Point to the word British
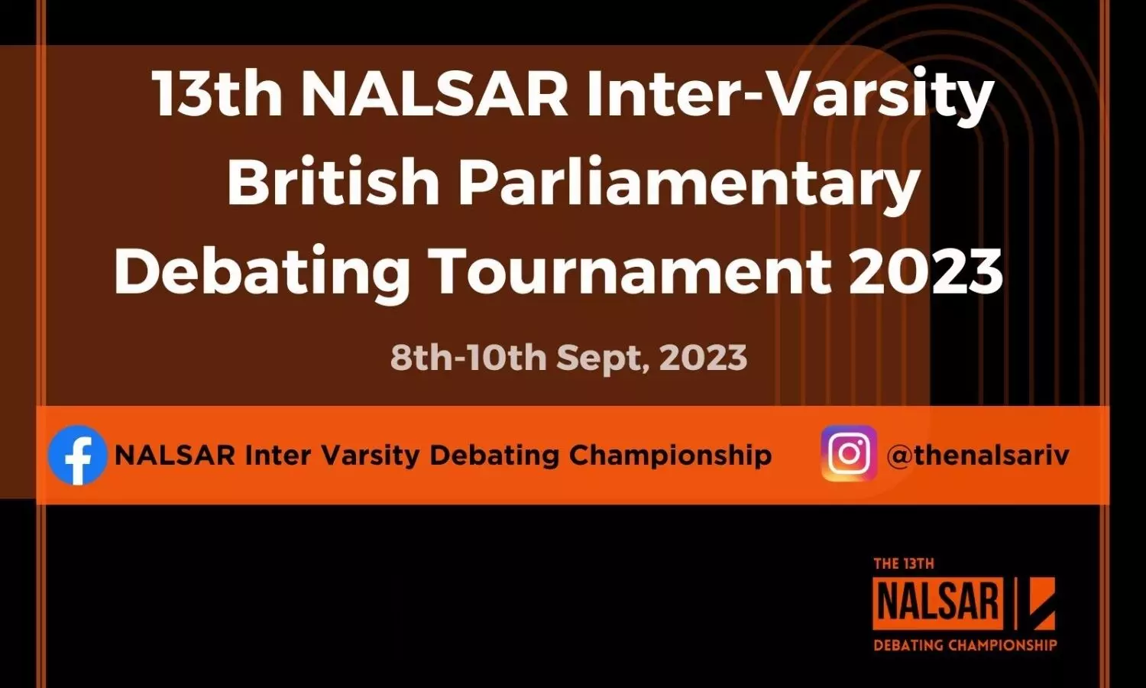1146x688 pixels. point(333,183)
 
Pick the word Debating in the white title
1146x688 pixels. point(262,274)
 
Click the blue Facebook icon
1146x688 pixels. point(78,455)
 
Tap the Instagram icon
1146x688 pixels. point(850,453)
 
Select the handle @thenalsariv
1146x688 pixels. point(978,455)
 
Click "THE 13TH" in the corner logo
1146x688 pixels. point(904,563)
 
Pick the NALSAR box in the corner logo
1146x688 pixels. point(938,603)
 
